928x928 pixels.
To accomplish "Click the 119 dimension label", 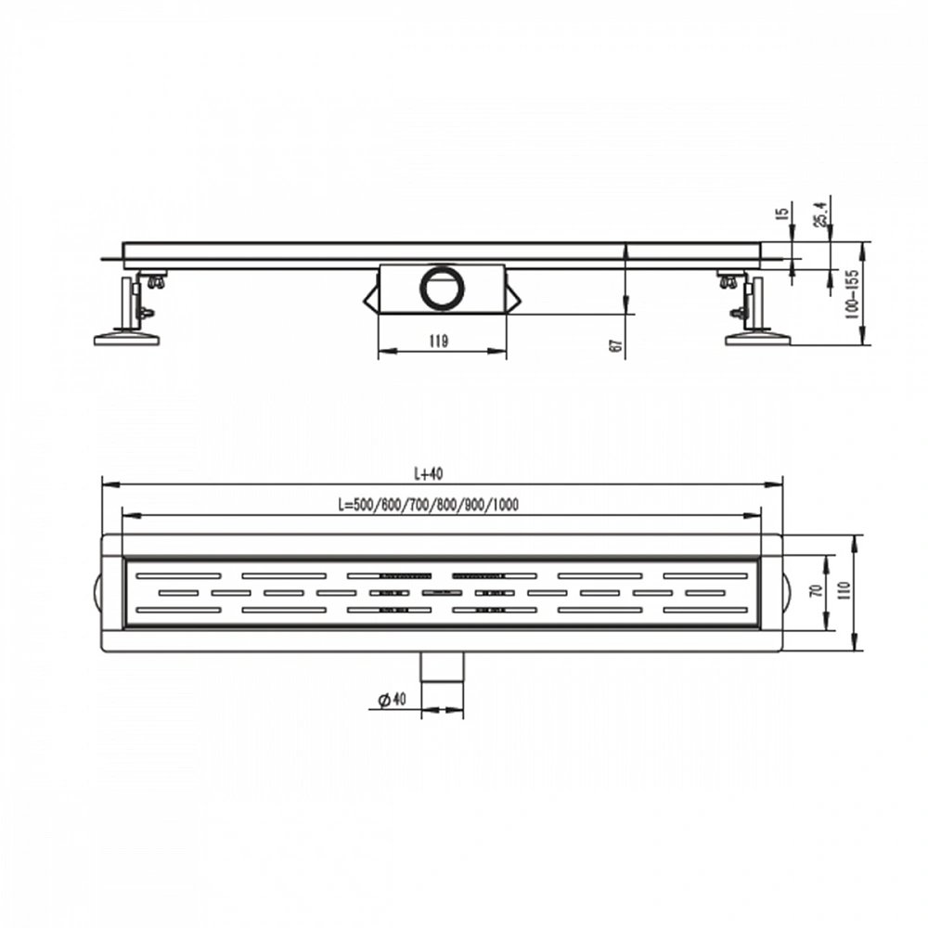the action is click(x=439, y=341).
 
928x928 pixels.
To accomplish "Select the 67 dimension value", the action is click(x=615, y=346).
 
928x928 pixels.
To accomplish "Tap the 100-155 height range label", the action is click(x=852, y=294).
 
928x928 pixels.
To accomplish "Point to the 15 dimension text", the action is click(x=782, y=213).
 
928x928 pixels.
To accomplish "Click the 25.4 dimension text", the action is click(x=821, y=213).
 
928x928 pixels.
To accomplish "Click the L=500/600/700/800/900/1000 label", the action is click(x=429, y=505).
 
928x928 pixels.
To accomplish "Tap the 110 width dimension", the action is click(x=844, y=590).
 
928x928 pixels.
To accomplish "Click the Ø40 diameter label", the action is click(x=393, y=700).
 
